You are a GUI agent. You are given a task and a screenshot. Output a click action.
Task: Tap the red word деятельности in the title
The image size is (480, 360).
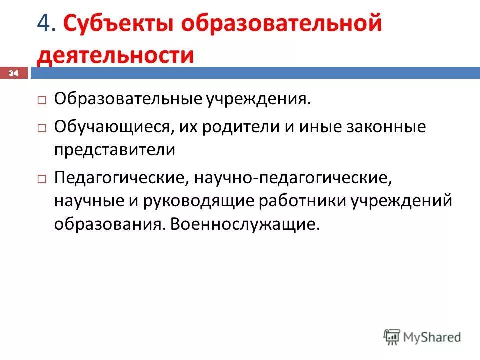click(x=115, y=55)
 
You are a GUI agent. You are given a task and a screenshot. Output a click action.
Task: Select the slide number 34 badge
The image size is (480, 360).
click(x=13, y=73)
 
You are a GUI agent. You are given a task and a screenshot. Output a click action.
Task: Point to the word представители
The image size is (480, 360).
click(x=115, y=150)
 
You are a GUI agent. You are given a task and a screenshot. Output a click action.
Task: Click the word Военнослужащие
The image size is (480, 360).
click(x=244, y=224)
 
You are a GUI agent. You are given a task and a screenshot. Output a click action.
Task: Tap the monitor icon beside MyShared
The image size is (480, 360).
click(x=392, y=336)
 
